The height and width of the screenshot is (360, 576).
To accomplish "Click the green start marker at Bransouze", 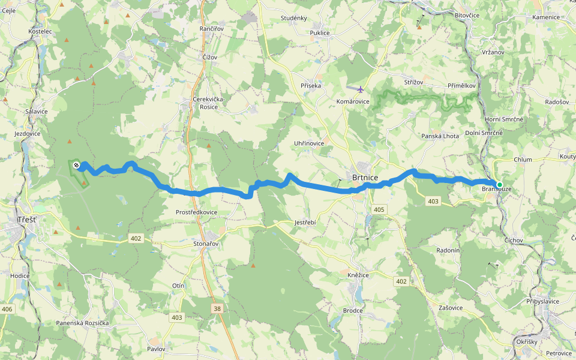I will coord(499,184).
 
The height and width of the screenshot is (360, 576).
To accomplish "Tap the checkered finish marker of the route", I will coord(76,164).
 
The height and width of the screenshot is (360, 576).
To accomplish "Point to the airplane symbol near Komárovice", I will coord(360,90).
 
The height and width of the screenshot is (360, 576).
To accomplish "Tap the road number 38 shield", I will coord(217,308).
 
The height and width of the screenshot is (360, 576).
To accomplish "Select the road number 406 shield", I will coord(7,309).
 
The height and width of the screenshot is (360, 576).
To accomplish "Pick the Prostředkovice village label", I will coord(197,212).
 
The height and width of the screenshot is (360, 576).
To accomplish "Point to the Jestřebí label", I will coord(305,222).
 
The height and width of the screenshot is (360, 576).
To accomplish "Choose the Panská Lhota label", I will coord(440,136).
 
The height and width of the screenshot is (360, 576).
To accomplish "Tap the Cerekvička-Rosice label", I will coord(208,103).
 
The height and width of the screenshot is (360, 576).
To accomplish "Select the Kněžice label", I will coord(358,274).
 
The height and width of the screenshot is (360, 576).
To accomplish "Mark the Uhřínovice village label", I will coord(308,143).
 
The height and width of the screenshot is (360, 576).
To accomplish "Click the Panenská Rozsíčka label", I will coord(82,323).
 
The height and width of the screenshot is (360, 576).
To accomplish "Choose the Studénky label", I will coord(293,18).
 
